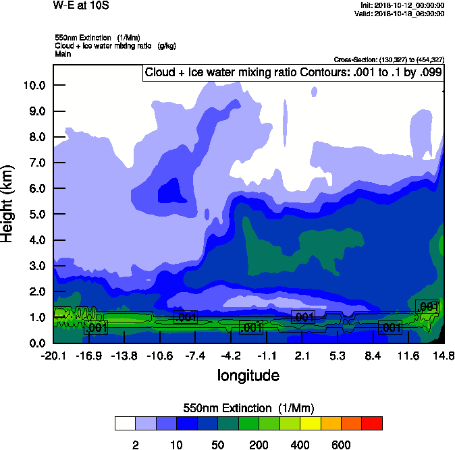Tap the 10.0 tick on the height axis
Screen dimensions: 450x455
33,86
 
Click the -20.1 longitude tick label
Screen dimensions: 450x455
53,356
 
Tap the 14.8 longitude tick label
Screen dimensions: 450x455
443,356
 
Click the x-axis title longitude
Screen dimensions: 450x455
248,375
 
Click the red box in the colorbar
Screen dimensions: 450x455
372,423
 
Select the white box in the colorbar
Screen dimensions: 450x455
125,423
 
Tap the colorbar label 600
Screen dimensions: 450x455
341,445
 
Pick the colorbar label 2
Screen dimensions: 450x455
136,445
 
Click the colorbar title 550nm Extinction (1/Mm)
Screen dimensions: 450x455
248,408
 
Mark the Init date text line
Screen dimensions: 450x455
402,5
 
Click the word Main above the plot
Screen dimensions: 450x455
63,53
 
